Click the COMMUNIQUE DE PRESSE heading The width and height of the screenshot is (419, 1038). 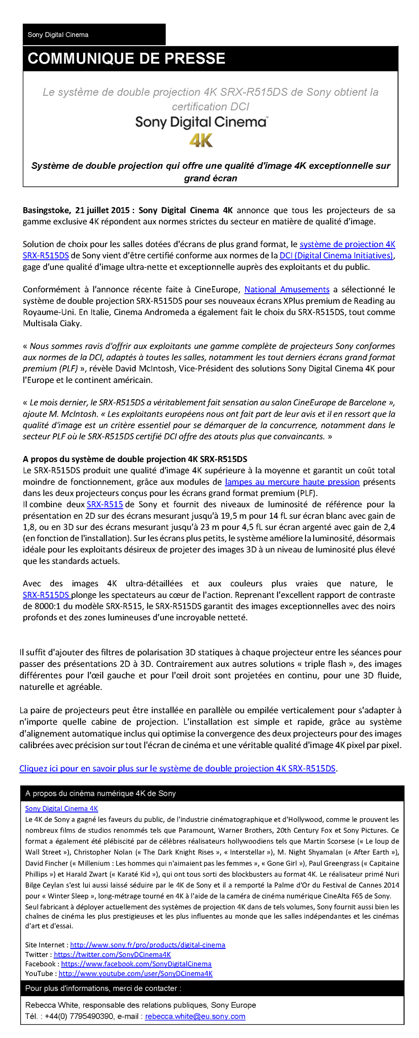point(126,58)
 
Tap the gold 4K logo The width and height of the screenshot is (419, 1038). point(201,141)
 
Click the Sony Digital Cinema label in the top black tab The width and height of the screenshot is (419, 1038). point(58,35)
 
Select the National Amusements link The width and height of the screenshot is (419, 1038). point(287,289)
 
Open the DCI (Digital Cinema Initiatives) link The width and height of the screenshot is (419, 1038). point(336,255)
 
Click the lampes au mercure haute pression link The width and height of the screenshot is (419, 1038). point(292,482)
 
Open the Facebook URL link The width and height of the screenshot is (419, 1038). point(136,964)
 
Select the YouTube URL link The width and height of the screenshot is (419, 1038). point(136,973)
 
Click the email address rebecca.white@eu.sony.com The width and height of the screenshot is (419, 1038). point(195,1016)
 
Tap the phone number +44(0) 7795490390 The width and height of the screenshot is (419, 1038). point(79,1016)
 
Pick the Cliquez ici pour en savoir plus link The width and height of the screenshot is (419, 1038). point(177,768)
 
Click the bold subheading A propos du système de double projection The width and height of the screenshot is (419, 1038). point(135,459)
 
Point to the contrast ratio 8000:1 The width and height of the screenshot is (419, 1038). point(50,606)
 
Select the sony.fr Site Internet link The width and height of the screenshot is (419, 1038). point(147,945)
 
